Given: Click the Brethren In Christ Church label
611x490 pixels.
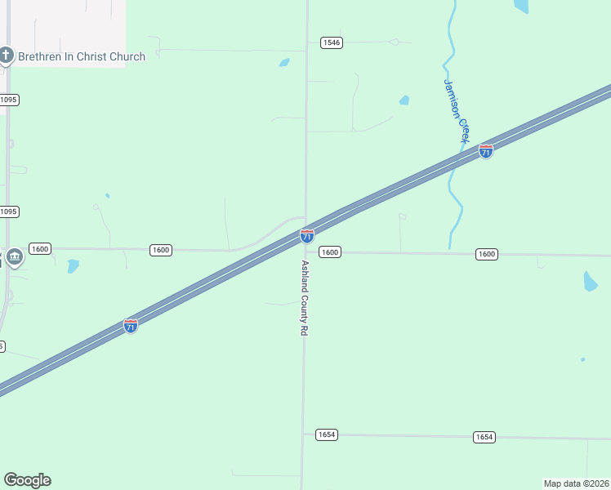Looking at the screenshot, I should [x=82, y=56].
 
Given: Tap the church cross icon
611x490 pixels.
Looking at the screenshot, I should [x=7, y=56].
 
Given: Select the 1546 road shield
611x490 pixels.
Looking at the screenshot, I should [x=331, y=42].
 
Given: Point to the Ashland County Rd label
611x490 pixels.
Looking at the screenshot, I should [x=304, y=299].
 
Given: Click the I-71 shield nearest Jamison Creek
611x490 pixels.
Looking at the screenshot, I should [x=486, y=151].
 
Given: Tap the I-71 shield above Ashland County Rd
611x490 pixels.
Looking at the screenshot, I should [x=307, y=236].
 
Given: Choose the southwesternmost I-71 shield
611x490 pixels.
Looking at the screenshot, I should [x=131, y=326].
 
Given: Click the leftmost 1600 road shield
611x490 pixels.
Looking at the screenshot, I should [x=40, y=248].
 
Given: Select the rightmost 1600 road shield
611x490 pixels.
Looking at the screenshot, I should [x=486, y=254].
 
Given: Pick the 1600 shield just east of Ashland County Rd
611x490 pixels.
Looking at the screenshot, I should [x=329, y=252].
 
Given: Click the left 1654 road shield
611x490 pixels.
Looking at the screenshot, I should [x=326, y=434].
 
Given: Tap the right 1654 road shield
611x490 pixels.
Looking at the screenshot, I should [x=484, y=437].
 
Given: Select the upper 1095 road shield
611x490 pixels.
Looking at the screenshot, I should [x=8, y=100].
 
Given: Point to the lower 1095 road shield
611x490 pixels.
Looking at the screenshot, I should [x=8, y=212].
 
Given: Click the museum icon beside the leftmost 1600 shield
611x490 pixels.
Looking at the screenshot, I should [x=15, y=258].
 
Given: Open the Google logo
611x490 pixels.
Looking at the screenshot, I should [x=27, y=480].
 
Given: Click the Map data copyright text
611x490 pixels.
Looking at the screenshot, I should [x=577, y=483].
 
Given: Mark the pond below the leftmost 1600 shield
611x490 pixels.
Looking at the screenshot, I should [x=73, y=266].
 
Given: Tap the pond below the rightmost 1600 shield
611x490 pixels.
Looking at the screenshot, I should [x=590, y=282].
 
